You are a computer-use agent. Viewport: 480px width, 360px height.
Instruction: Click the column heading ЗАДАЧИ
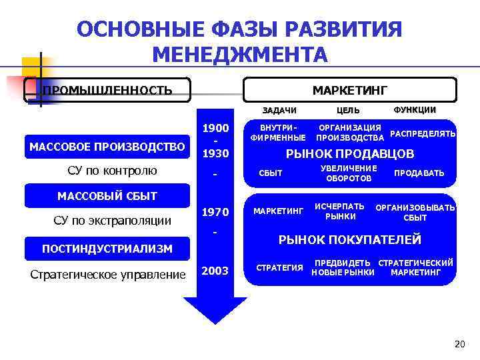279,110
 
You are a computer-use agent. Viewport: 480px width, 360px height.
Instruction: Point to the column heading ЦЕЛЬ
348,110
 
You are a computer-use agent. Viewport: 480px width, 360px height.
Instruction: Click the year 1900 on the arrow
215,128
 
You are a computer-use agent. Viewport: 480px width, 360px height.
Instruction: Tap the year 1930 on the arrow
215,153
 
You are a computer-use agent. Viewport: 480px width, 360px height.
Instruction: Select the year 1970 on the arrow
215,213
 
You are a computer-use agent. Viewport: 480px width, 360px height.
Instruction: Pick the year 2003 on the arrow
215,271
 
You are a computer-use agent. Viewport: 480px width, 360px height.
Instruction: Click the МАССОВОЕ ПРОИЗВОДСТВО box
107,146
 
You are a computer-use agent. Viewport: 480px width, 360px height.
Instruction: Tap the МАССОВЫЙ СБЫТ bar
107,196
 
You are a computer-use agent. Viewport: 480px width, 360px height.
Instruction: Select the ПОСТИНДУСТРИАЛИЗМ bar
107,249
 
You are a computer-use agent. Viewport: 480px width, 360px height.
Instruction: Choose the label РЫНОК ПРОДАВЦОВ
350,154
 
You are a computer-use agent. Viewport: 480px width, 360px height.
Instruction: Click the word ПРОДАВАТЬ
419,173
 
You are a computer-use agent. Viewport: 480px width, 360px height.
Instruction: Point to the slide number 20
458,344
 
